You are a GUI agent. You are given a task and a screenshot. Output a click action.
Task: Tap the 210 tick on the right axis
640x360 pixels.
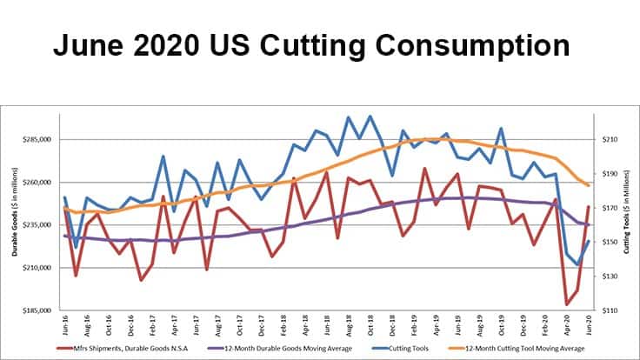609,140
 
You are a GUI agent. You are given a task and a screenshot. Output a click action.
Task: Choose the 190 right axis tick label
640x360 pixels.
609,174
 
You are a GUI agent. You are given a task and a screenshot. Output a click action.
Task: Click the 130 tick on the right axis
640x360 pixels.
609,277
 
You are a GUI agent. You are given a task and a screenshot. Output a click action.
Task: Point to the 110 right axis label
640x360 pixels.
609,310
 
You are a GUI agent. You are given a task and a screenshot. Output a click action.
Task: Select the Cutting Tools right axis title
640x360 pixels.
627,225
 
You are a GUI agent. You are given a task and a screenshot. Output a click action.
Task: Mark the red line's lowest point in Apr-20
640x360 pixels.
567,304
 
